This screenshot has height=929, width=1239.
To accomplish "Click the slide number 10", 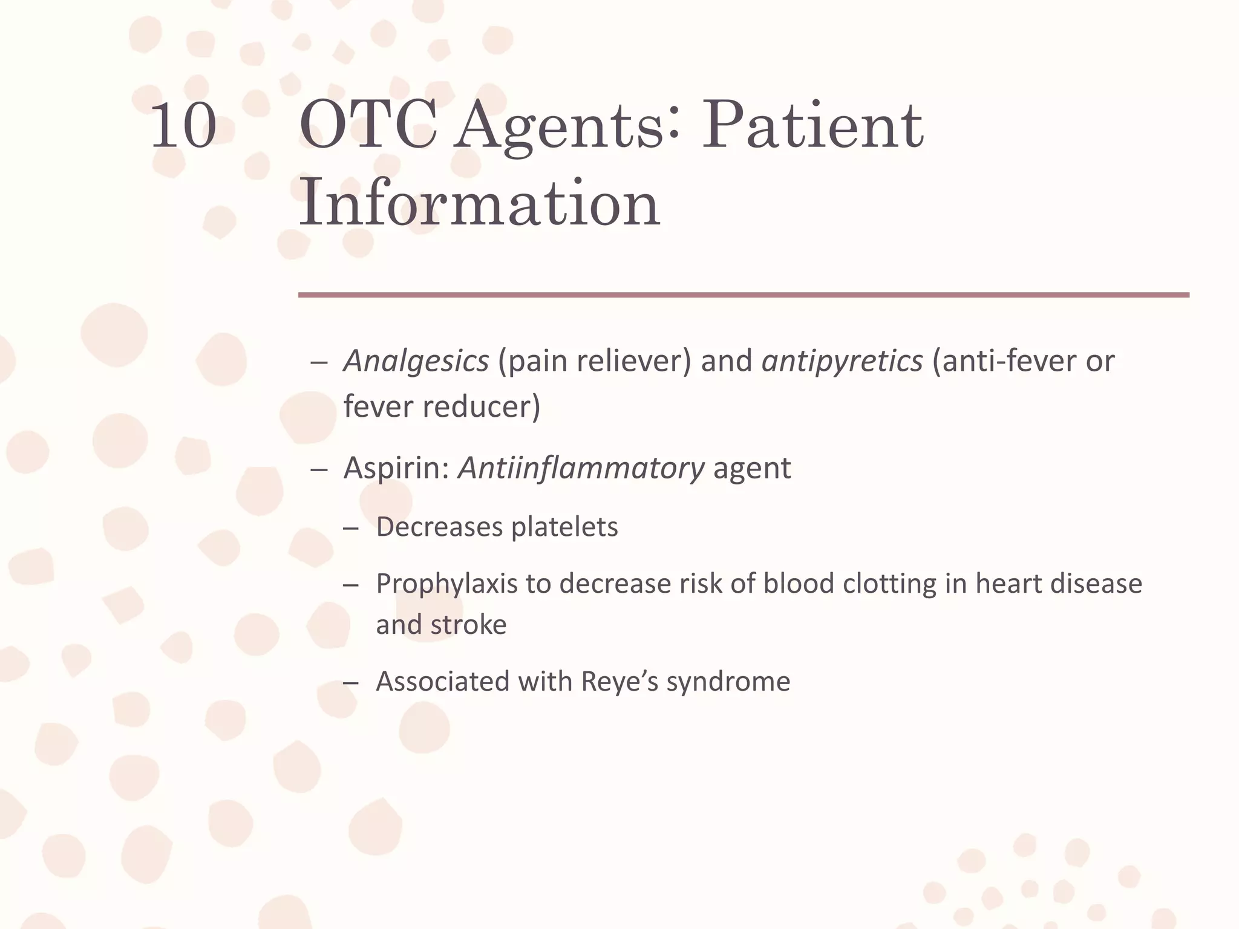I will point(183,126).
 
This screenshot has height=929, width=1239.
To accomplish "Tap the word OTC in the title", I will point(368,126).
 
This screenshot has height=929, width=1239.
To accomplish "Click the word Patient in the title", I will point(812,126).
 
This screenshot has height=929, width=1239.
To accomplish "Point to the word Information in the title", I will point(479,203).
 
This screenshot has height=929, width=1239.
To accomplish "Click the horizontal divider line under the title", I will point(743,295).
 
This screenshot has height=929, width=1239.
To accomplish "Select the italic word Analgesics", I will point(416,361).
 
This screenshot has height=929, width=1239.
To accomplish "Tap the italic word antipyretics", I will point(842,361).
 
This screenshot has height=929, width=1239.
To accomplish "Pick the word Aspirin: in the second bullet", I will point(396,468).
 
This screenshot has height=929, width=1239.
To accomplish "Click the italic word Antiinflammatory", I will point(581,468).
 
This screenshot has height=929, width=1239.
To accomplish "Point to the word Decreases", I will point(439,527).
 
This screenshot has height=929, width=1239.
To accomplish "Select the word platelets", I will point(564,527).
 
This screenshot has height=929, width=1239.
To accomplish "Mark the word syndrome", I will point(728,682).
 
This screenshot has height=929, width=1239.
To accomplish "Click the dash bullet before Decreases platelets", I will point(350,528).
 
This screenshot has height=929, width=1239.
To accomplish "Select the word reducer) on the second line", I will point(481,406).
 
